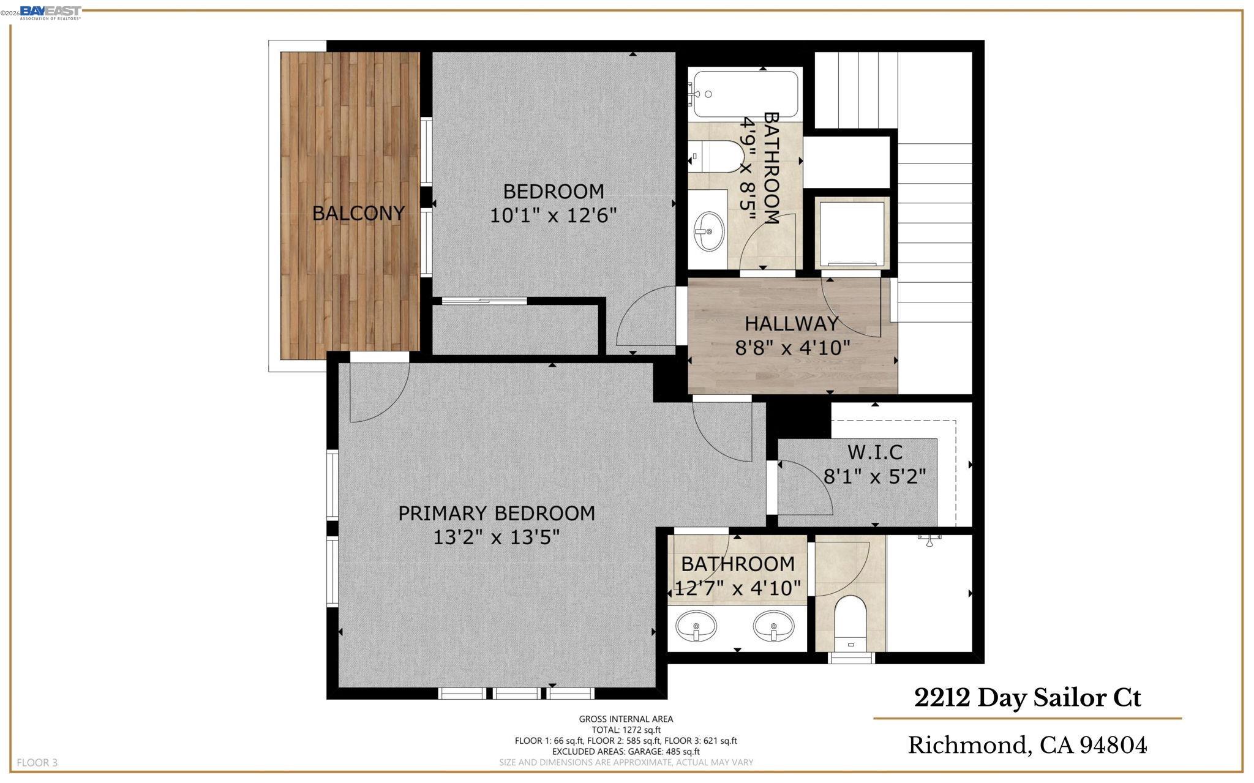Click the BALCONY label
(358, 213)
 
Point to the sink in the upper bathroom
(709, 231)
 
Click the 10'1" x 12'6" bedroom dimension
(553, 215)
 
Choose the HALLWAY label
(791, 323)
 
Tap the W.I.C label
(875, 452)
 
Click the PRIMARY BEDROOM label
(497, 513)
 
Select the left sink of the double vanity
(696, 627)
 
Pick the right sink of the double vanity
(774, 627)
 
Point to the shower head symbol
(929, 540)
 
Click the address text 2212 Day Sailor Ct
(1027, 698)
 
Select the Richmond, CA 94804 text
(1027, 745)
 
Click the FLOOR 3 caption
(37, 763)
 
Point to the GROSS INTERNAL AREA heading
(626, 719)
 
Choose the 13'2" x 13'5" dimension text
(497, 538)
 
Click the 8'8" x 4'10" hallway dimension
(792, 348)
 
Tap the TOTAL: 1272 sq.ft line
(626, 730)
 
